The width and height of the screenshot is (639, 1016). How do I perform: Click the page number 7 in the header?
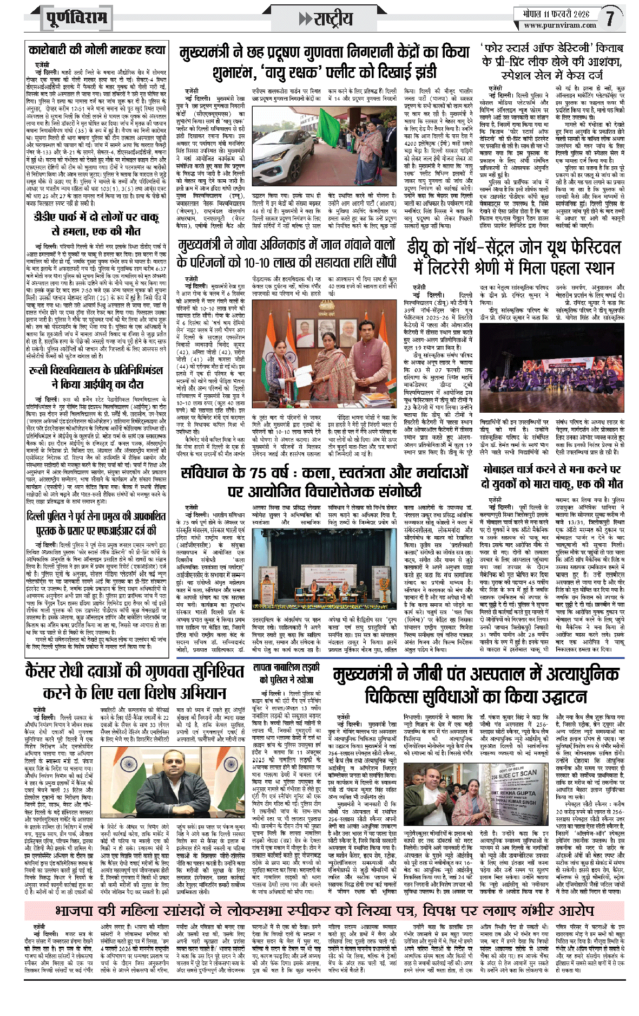pyautogui.click(x=610, y=18)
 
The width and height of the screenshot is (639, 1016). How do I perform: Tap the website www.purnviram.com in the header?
pyautogui.click(x=559, y=25)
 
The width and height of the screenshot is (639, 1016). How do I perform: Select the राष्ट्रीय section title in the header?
pyautogui.click(x=327, y=19)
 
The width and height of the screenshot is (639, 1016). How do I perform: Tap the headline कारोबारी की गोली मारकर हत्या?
pyautogui.click(x=97, y=50)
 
